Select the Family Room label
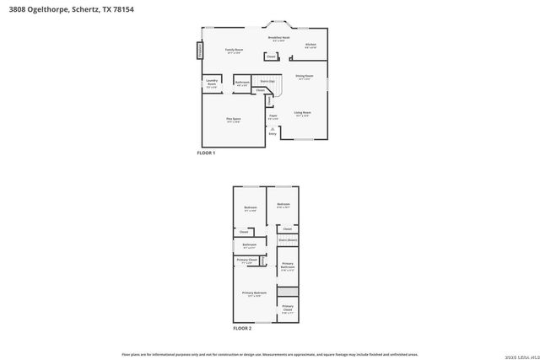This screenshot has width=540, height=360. click(234, 51)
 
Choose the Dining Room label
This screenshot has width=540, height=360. click(304, 77)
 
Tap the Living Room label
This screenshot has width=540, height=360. click(302, 112)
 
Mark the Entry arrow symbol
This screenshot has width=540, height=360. click(273, 127)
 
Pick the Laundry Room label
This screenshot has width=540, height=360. click(212, 83)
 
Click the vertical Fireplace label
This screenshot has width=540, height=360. click(201, 50)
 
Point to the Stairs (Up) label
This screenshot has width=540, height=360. click(266, 81)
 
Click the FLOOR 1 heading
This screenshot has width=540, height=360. click(207, 153)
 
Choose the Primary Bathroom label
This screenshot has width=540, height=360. click(288, 267)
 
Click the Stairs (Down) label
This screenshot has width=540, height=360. click(288, 239)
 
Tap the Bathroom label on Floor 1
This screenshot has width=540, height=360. click(241, 82)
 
